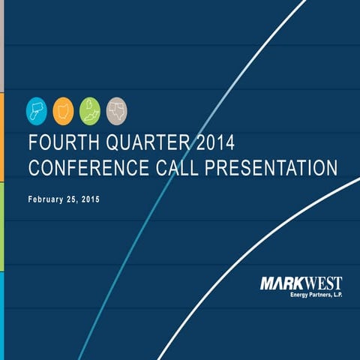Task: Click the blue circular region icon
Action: click(36, 109)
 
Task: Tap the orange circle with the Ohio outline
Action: click(62, 109)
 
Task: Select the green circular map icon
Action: click(89, 109)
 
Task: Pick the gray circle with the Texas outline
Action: click(116, 109)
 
